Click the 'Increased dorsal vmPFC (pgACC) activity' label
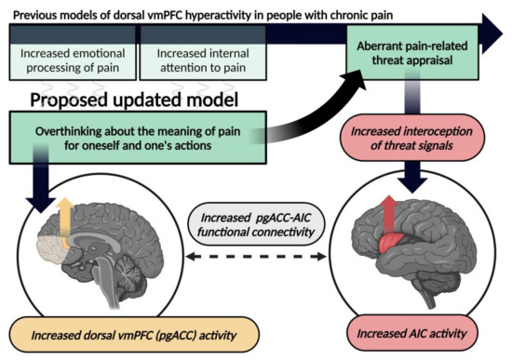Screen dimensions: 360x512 [131, 332]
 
